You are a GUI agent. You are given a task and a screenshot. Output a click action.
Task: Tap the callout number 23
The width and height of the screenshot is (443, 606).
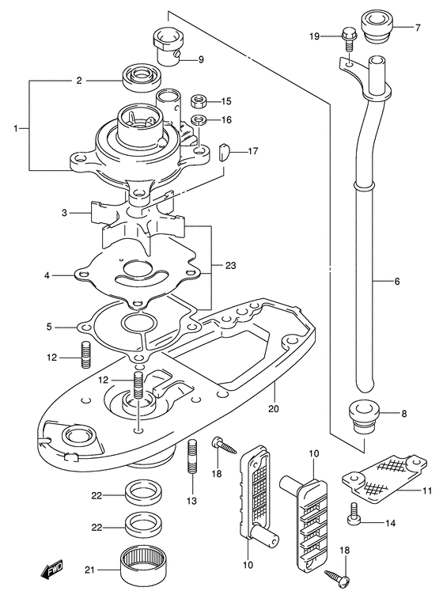coord(230,266)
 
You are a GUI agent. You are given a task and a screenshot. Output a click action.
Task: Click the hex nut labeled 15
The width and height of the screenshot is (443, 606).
coord(199,102)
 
